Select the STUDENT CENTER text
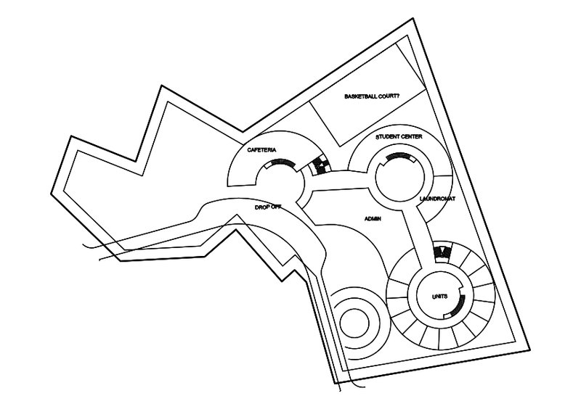(x=399, y=136)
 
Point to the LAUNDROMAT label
(x=437, y=197)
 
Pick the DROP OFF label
(x=267, y=207)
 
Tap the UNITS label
(x=440, y=294)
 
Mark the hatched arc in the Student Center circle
(x=398, y=157)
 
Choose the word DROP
(x=261, y=207)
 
